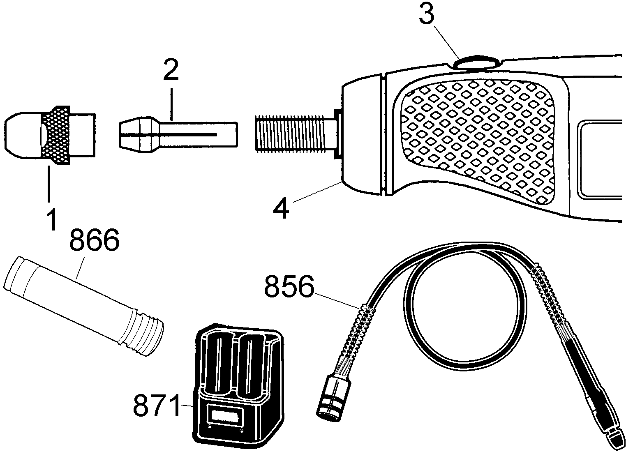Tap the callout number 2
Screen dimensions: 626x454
coord(171,70)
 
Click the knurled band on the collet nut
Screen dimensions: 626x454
coord(56,135)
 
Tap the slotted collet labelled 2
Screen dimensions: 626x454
coord(178,135)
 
